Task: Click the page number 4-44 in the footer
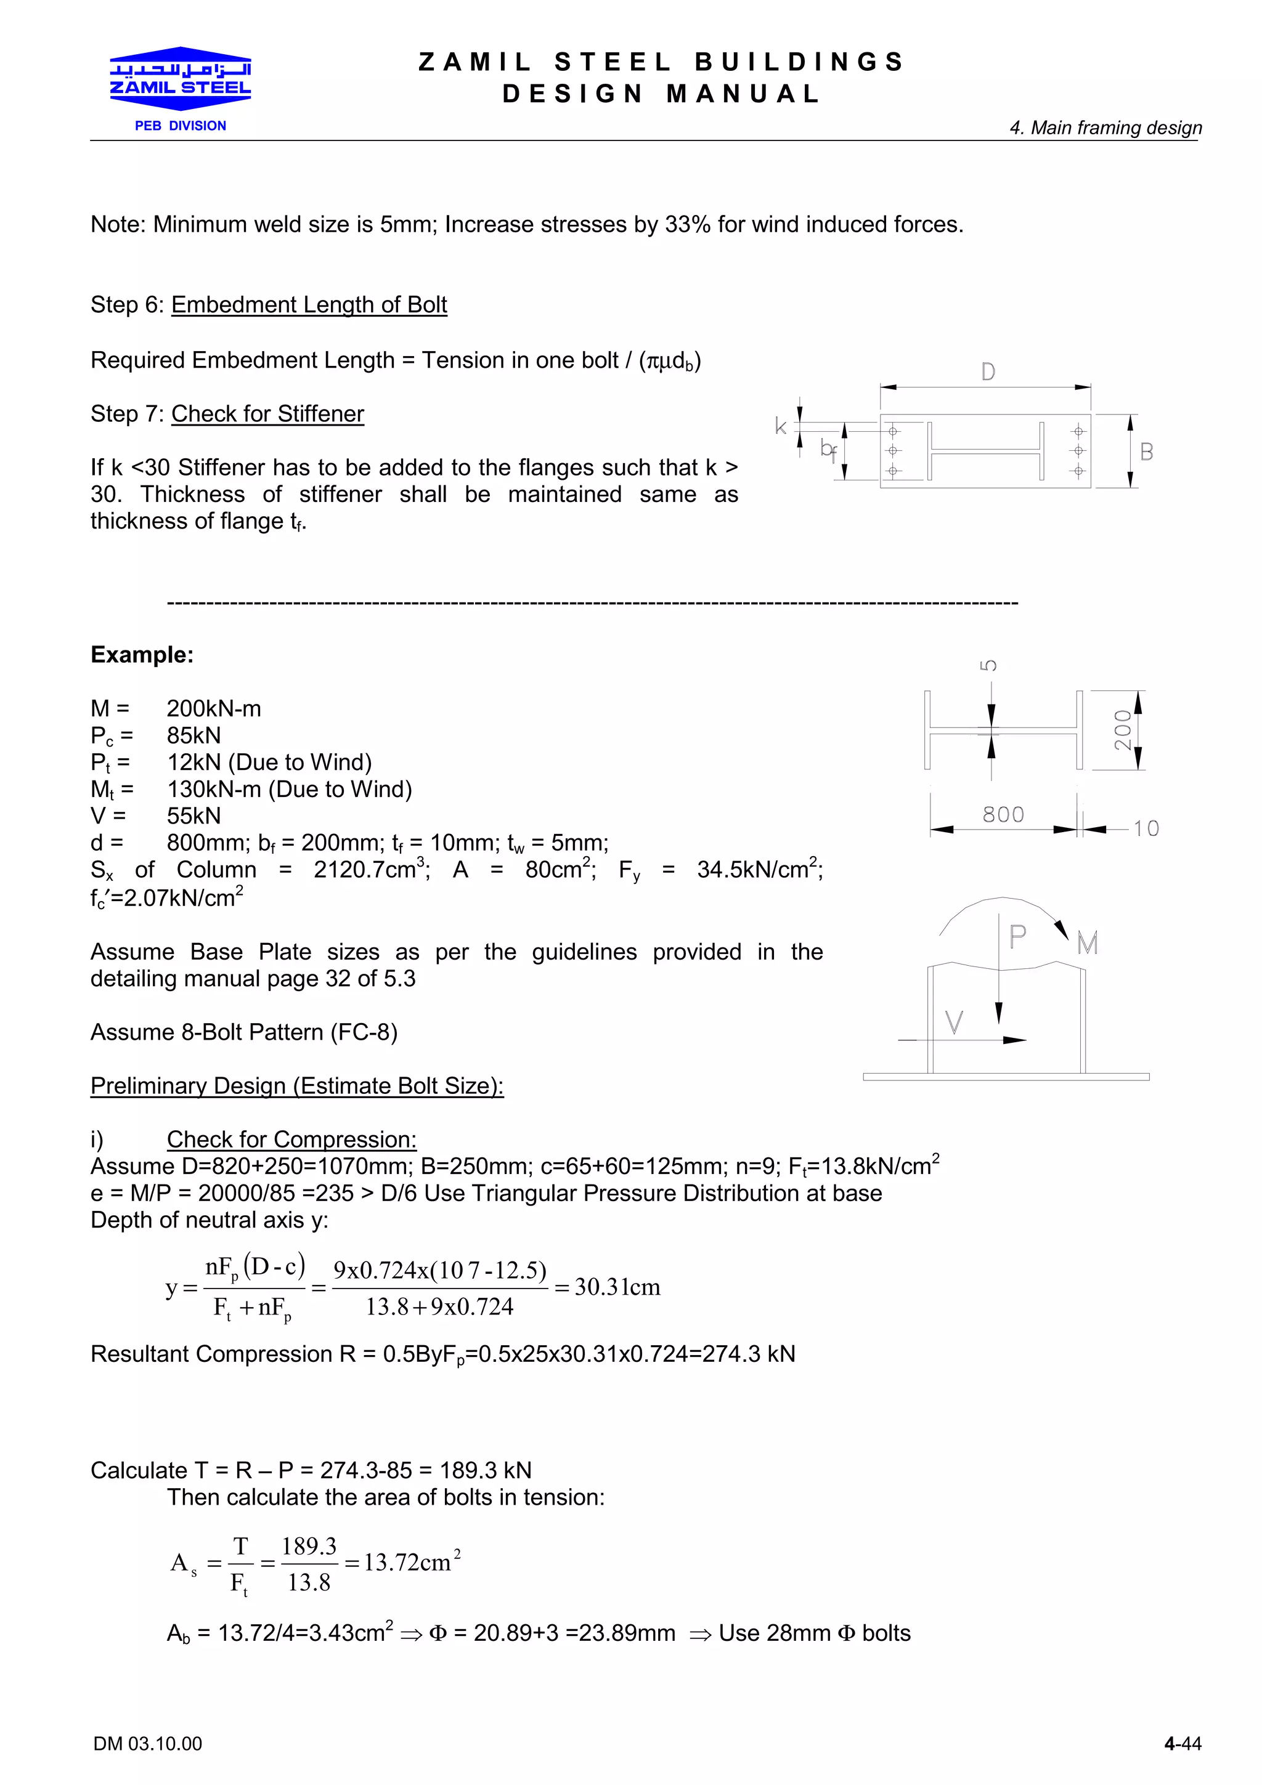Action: click(x=1182, y=1744)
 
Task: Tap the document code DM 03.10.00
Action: click(x=148, y=1744)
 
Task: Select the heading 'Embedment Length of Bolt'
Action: click(x=309, y=305)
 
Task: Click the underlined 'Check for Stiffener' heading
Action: click(x=267, y=413)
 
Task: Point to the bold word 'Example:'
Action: click(x=142, y=655)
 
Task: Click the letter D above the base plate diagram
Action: click(x=988, y=373)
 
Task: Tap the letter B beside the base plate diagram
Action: click(x=1146, y=451)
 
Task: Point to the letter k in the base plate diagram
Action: click(x=781, y=426)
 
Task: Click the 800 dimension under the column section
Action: click(x=1003, y=814)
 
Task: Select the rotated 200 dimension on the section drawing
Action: click(x=1123, y=730)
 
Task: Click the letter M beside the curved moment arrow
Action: click(x=1087, y=944)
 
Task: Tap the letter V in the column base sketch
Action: click(x=954, y=1022)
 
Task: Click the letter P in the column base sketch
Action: click(x=1017, y=937)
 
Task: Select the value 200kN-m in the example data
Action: click(x=214, y=708)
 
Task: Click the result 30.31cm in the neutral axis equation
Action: click(x=617, y=1287)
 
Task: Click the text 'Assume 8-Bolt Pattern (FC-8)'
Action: click(x=244, y=1032)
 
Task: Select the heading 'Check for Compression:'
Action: click(x=291, y=1139)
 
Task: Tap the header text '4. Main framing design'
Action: click(x=1105, y=127)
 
